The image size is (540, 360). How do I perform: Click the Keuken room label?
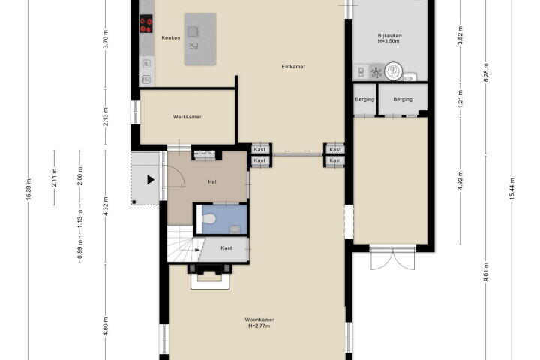pos(171,38)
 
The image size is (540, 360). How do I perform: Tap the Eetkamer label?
pos(293,67)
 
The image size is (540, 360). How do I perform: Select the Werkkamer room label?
pos(187,117)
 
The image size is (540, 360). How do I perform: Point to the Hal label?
pos(212,182)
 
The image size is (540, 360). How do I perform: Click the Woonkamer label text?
pos(259,319)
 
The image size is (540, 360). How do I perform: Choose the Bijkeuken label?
pos(389,35)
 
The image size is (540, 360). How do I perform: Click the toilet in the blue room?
pos(209,219)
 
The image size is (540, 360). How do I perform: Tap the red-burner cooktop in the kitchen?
pos(146,24)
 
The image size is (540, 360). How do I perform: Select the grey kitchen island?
pos(200,39)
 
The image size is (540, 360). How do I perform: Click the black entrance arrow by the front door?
pos(151,180)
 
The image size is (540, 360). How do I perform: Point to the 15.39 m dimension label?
pos(28,189)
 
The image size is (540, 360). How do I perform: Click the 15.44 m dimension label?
pos(511,189)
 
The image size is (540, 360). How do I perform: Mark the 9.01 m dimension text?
pos(486,271)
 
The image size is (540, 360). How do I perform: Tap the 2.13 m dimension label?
pos(106,117)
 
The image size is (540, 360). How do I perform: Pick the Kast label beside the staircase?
pos(226,248)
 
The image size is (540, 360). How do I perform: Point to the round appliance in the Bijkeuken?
pos(393,70)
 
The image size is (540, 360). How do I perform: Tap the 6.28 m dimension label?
pos(486,73)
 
